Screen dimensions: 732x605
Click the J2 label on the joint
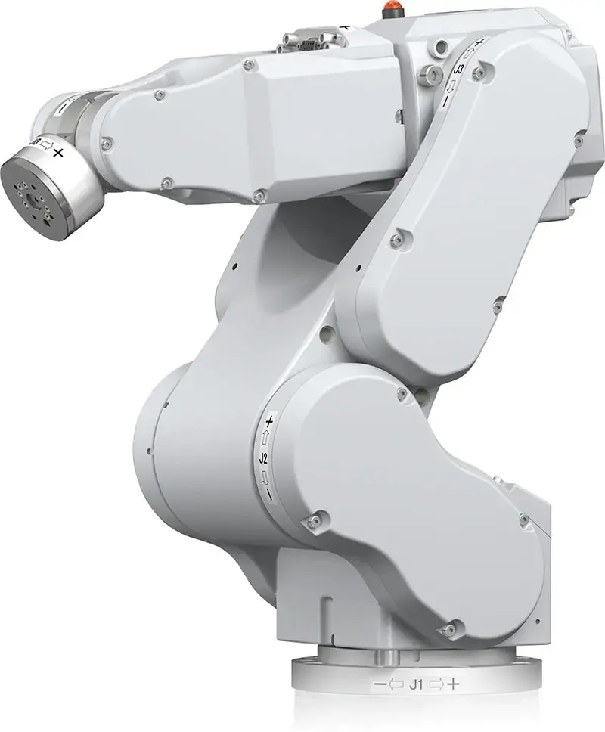[264, 457]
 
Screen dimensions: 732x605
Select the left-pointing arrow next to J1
[395, 685]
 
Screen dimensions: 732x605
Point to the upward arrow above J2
[265, 437]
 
